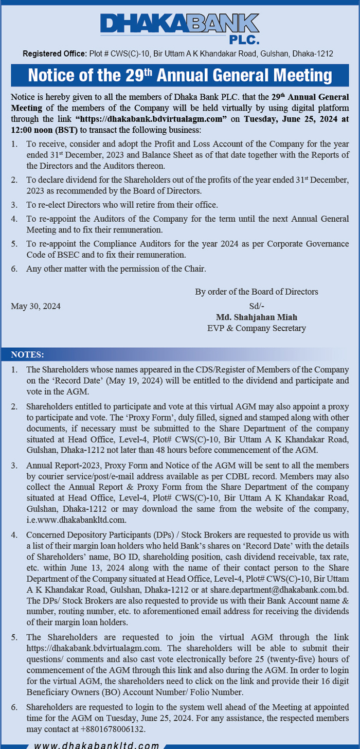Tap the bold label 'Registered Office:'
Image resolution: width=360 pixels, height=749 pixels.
point(54,53)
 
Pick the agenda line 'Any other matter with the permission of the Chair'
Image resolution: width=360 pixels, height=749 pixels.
point(116,269)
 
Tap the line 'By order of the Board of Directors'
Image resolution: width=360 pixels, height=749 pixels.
point(256,292)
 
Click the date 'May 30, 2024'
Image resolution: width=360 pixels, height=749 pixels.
point(35,306)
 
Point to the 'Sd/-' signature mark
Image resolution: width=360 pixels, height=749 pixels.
point(256,306)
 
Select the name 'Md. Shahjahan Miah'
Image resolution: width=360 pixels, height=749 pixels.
point(256,317)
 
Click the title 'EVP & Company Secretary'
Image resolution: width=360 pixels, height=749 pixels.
point(256,328)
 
